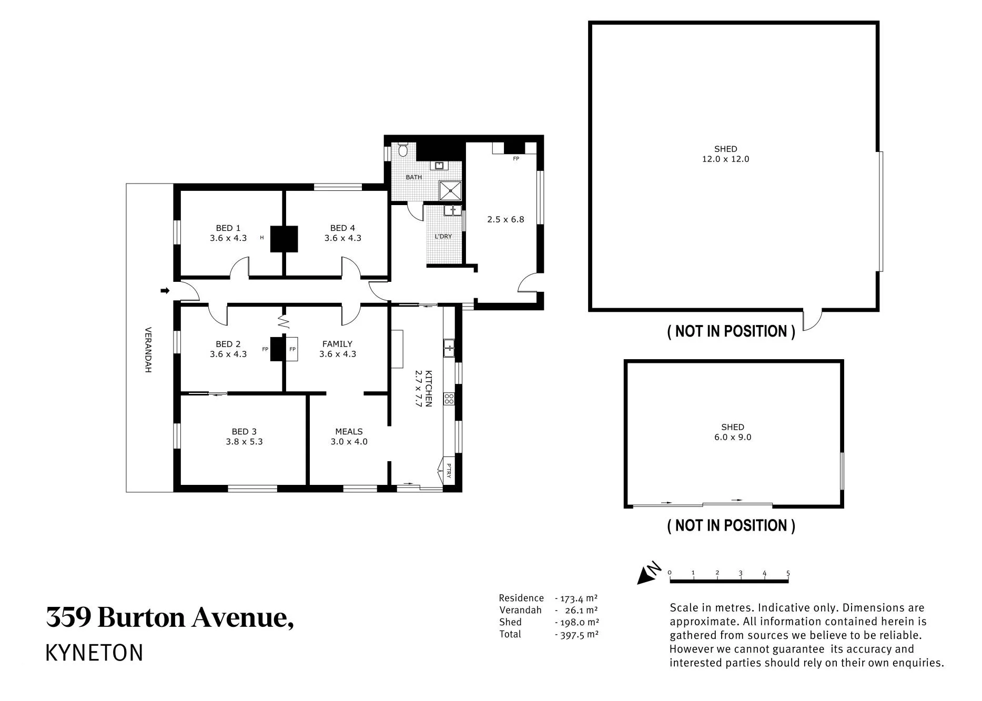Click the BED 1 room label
pos(228,228)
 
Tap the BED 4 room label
pos(342,228)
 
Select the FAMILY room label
pos(337,344)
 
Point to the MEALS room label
pos(349,432)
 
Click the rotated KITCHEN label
pos(429,389)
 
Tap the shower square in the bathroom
pos(450,190)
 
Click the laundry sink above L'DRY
pos(452,210)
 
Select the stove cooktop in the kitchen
pos(449,399)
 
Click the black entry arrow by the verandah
pos(165,290)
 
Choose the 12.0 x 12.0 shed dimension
pos(725,159)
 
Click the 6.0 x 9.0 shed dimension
pos(733,437)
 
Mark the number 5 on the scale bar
pos(788,573)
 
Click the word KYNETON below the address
pos(95,653)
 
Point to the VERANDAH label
pos(148,350)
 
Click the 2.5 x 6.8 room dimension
pos(505,219)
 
